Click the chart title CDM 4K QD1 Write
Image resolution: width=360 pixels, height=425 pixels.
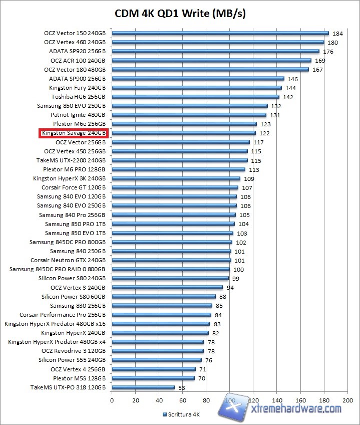tap(180, 13)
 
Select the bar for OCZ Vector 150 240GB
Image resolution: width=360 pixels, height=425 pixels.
tap(220, 33)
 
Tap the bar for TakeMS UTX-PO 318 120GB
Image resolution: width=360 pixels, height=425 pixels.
tap(143, 387)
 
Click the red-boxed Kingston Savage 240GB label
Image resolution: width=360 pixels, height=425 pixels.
tap(74, 133)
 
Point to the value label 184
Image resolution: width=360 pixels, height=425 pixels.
tap(337, 34)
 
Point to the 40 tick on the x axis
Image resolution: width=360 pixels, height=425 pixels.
tap(159, 400)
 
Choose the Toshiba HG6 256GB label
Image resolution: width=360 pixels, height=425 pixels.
tap(78, 97)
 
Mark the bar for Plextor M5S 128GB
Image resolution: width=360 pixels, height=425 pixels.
tap(153, 378)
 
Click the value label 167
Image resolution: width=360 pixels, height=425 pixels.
tap(317, 70)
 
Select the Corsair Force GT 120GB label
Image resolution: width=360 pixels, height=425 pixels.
tap(74, 187)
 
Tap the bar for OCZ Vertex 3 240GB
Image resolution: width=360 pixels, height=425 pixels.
tap(167, 288)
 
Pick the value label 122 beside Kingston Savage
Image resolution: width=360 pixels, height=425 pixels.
tap(264, 133)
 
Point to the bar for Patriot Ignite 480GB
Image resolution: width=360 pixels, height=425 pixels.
tap(189, 115)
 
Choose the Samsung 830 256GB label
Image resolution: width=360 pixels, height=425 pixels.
tap(78, 306)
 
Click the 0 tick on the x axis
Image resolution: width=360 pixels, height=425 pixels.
tap(112, 400)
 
